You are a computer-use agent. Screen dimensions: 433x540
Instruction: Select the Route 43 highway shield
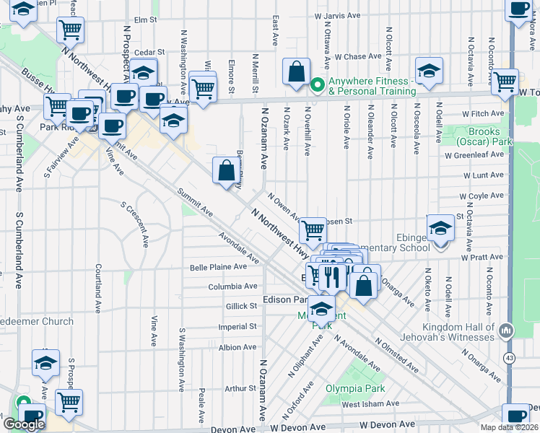tap(510, 357)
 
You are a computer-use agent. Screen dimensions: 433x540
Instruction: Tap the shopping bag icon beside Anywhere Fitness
tap(296, 73)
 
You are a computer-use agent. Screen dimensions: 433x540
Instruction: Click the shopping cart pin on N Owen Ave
tap(313, 230)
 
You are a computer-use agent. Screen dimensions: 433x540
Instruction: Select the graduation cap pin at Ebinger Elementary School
tap(440, 229)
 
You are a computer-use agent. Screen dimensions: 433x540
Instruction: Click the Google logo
tap(24, 424)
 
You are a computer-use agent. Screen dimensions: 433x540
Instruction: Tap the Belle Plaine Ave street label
tap(218, 267)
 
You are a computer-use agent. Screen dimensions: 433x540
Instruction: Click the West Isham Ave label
tap(370, 404)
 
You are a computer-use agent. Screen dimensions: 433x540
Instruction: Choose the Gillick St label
tap(243, 306)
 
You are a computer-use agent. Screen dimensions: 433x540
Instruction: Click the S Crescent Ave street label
tap(135, 222)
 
